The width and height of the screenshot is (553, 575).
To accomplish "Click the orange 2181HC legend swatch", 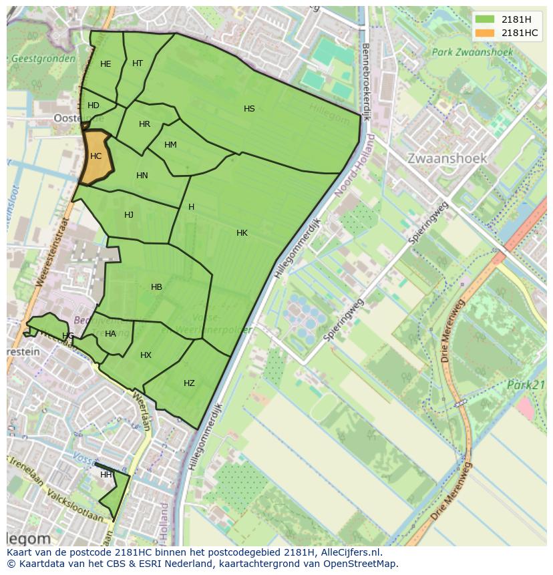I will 486,33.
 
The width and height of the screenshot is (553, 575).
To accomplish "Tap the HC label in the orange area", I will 96,156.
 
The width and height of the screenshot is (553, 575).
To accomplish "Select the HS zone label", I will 249,109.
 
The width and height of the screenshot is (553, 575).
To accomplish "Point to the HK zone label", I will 242,233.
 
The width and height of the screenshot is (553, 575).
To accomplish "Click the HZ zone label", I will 189,383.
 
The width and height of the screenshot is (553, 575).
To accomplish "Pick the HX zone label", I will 146,355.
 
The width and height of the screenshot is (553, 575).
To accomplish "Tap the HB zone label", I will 156,287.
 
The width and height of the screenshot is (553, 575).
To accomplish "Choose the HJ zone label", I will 129,215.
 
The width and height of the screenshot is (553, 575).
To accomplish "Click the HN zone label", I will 142,176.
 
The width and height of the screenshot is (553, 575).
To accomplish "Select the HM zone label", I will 170,145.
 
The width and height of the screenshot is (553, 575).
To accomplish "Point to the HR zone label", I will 144,124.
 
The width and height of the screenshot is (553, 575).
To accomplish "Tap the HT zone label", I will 138,63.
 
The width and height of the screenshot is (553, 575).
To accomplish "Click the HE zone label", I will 106,64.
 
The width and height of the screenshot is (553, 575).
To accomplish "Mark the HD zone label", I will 94,106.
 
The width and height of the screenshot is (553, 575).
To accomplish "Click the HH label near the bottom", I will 106,475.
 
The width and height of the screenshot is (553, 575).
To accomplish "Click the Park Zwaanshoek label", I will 472,51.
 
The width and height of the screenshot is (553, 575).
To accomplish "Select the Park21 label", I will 526,385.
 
